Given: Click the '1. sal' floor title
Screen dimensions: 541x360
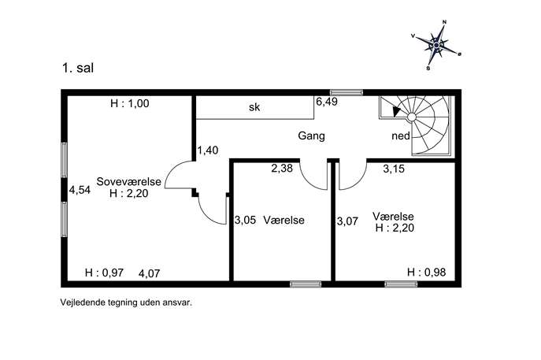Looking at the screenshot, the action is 78,68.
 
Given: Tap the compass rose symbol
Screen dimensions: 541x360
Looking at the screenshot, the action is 436,45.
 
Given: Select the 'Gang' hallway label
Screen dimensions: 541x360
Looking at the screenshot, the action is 311,135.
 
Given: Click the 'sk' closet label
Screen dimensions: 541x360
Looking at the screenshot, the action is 254,107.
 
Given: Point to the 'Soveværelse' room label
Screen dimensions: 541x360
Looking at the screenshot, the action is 128,181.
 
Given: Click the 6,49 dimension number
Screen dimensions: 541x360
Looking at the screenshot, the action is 327,102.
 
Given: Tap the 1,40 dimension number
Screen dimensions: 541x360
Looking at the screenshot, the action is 208,150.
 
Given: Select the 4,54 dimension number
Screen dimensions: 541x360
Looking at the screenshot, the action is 80,190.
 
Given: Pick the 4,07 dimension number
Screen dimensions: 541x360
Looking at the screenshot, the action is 149,273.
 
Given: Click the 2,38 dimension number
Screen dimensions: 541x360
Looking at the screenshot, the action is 282,169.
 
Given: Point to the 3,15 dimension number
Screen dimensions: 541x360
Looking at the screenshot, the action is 394,169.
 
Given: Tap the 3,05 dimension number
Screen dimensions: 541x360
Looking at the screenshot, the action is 246,220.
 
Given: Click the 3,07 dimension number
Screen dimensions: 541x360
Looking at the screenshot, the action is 347,221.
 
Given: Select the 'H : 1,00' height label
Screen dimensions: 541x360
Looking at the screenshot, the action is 130,103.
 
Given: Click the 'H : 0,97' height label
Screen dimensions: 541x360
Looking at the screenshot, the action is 104,273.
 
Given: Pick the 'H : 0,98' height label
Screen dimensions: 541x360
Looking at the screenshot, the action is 427,273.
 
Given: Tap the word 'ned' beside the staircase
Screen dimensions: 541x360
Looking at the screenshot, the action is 401,136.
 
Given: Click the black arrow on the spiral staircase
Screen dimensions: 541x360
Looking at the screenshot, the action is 396,111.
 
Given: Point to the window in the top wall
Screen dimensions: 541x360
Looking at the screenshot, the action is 346,92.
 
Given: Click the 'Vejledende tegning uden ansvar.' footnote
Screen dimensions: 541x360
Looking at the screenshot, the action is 126,302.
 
